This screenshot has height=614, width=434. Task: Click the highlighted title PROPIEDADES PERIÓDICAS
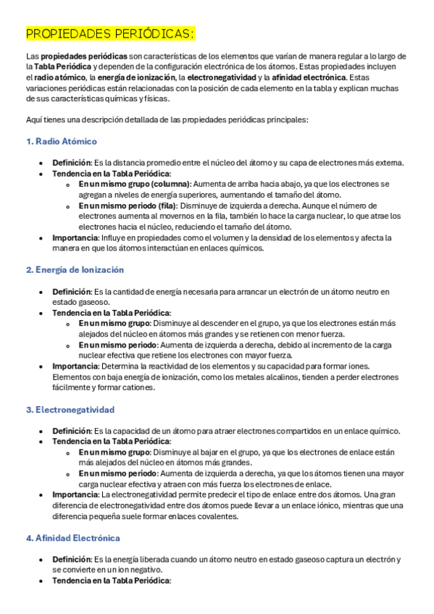point(110,34)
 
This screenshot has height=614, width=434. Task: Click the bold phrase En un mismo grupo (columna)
point(135,185)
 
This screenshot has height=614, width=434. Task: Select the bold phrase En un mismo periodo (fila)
point(128,206)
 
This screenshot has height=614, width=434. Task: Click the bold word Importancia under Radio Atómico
point(75,237)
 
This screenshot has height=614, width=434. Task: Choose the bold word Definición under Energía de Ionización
point(71,292)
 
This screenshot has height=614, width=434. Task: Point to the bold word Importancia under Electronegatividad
point(75,495)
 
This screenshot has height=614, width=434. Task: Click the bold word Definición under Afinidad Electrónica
point(71,560)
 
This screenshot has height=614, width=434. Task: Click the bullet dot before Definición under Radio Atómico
point(42,163)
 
